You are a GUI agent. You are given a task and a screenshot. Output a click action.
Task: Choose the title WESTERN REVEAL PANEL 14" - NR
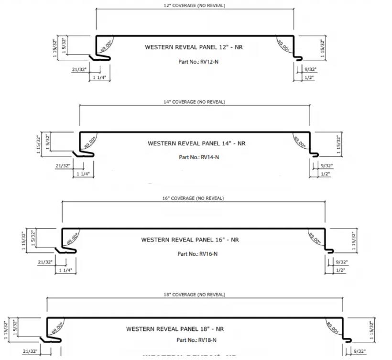click(196, 143)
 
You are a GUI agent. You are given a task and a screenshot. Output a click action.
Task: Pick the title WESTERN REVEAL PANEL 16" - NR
click(190, 240)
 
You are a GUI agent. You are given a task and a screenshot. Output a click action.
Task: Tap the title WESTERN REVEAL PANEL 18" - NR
click(175, 329)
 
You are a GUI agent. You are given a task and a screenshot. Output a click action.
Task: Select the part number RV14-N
click(199, 157)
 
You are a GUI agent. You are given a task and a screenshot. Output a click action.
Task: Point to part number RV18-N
click(196, 340)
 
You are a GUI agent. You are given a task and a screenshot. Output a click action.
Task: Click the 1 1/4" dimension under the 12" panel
click(99, 77)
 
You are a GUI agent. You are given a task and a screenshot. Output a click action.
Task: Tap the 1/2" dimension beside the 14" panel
click(326, 174)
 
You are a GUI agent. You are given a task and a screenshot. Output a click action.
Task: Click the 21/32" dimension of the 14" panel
click(63, 166)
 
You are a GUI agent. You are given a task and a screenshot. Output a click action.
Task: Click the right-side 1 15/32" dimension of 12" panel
click(323, 48)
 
